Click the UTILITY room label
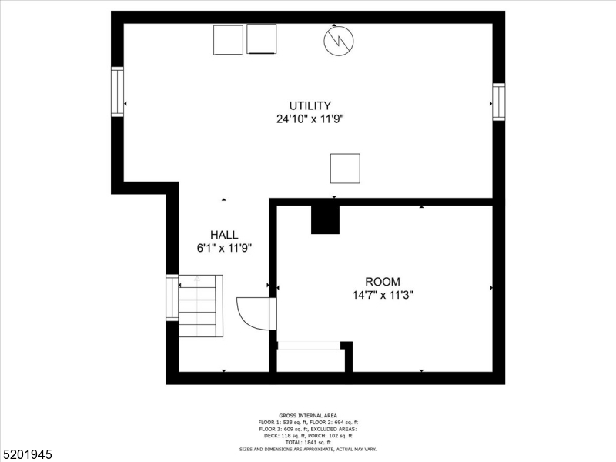click(310, 105)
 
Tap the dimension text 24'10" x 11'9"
click(310, 119)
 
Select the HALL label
click(224, 235)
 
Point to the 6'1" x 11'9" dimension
click(224, 248)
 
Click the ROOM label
click(383, 282)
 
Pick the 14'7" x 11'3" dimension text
click(383, 295)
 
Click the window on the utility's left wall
click(117, 92)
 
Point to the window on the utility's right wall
click(499, 102)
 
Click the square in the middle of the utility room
click(345, 169)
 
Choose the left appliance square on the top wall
click(228, 39)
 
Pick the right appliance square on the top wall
click(261, 39)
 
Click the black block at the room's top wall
click(325, 219)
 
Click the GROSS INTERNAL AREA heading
click(308, 416)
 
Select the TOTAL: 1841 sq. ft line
click(308, 442)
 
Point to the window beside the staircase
click(172, 297)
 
